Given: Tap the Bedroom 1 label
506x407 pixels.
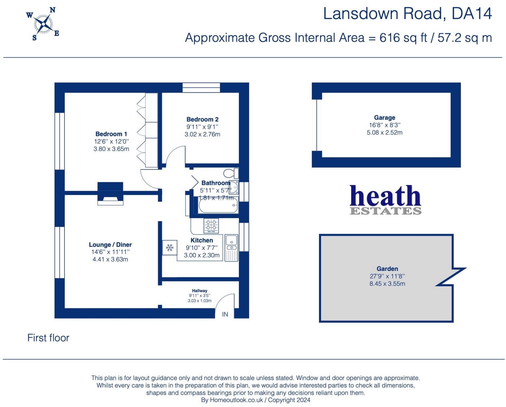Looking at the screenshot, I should click(x=111, y=134).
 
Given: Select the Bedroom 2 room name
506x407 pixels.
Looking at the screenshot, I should click(x=202, y=119).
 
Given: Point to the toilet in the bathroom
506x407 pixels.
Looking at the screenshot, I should click(x=231, y=174).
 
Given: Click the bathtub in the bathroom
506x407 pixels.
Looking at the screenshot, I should click(x=218, y=206).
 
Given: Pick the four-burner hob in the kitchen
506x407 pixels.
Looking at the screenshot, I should click(x=211, y=225).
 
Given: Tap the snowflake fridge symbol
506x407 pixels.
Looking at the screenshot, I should click(x=170, y=248).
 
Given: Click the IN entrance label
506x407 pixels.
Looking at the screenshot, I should click(x=225, y=314).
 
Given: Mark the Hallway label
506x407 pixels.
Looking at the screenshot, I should click(x=199, y=291).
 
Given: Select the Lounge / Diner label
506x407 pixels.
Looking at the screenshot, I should click(x=110, y=245).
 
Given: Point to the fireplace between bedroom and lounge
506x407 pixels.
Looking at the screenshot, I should click(x=110, y=194).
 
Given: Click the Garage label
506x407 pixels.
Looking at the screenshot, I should click(x=384, y=117).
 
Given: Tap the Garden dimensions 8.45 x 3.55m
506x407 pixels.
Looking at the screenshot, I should click(x=387, y=284).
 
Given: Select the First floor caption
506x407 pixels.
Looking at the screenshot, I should click(x=48, y=338).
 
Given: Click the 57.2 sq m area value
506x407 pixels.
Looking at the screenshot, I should click(x=464, y=38).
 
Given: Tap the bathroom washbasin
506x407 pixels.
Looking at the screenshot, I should click(x=234, y=188).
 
